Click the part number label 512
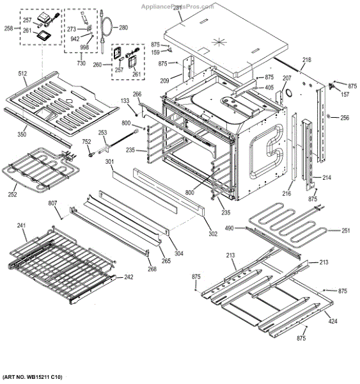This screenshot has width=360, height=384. (x=22, y=74)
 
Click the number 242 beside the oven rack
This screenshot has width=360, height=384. (x=129, y=277)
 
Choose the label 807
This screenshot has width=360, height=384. (x=52, y=204)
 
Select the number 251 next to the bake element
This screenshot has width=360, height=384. (x=345, y=230)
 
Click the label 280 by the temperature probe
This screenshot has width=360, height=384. (x=123, y=28)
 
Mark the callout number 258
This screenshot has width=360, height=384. (x=8, y=29)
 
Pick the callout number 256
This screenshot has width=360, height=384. (x=345, y=118)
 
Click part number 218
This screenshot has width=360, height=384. (x=307, y=60)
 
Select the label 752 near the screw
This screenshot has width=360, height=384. (x=86, y=142)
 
